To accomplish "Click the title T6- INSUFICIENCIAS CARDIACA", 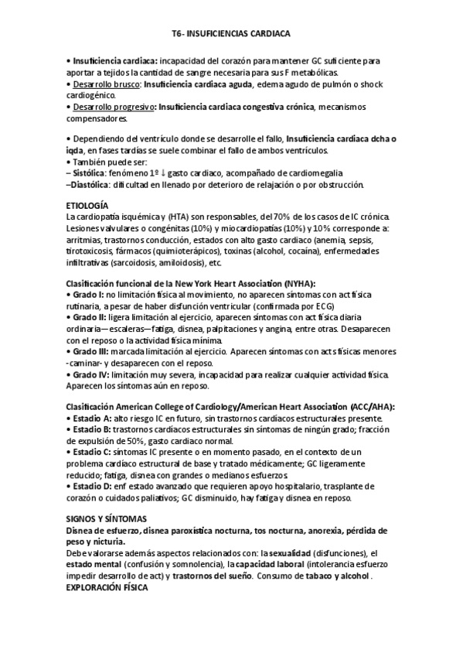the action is point(231,35).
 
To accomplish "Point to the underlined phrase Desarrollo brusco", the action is point(106,84).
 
